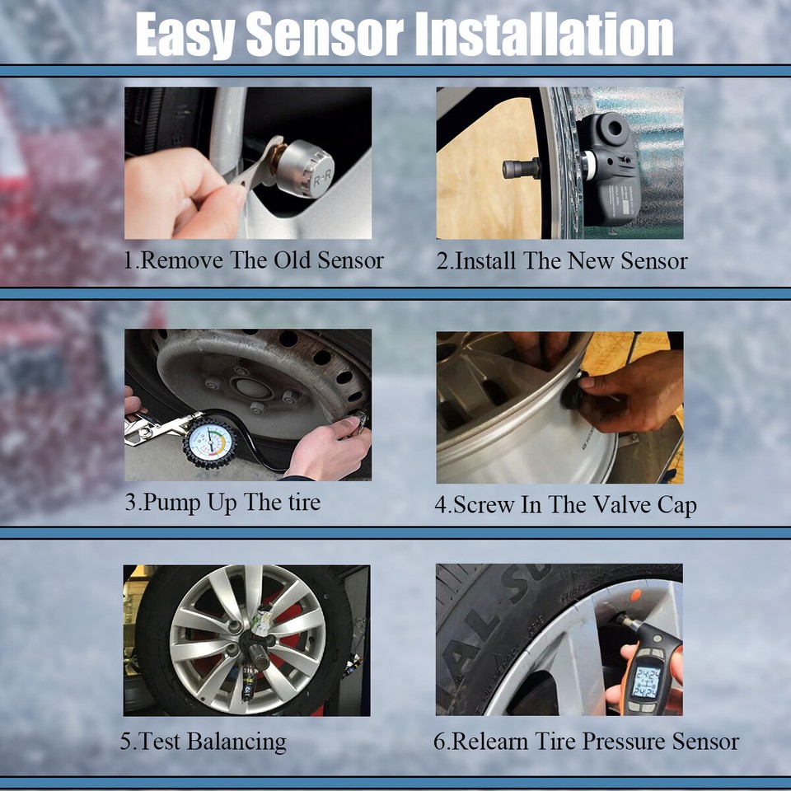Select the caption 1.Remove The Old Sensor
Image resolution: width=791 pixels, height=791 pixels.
pyautogui.click(x=254, y=261)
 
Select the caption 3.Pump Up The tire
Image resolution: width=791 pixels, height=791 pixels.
pyautogui.click(x=222, y=502)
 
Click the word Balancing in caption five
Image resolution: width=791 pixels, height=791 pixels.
pyautogui.click(x=236, y=741)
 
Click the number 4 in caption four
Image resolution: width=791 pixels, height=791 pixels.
pyautogui.click(x=441, y=504)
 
